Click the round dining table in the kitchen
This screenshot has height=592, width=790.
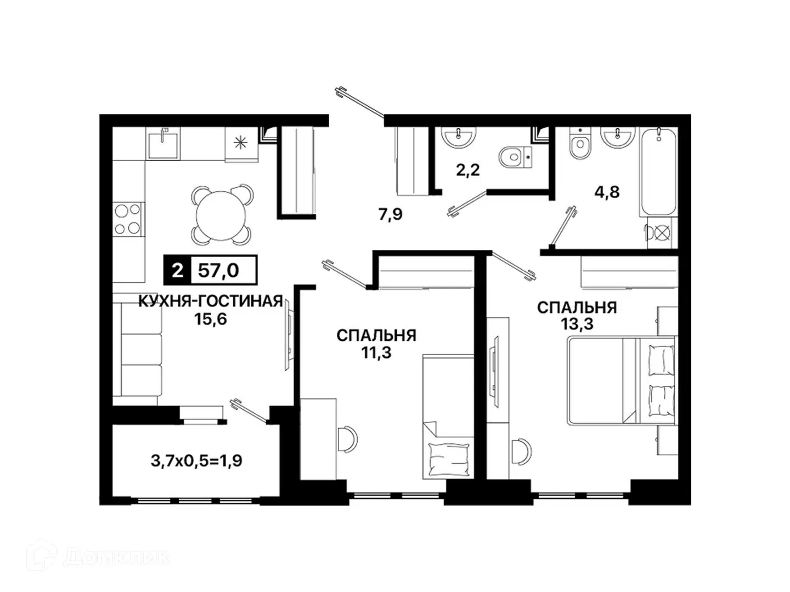click(x=221, y=215)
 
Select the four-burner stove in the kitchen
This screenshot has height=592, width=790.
click(x=128, y=219)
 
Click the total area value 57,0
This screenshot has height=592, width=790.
click(x=218, y=270)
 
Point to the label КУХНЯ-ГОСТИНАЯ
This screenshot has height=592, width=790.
click(x=211, y=301)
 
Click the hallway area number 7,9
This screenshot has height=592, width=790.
click(x=391, y=214)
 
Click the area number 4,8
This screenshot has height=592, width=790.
click(x=607, y=192)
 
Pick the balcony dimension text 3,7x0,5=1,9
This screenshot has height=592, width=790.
click(x=196, y=461)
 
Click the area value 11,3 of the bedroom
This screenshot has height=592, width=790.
click(x=376, y=353)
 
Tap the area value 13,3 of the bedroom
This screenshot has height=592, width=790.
click(x=577, y=325)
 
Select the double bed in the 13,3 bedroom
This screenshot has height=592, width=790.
click(x=620, y=380)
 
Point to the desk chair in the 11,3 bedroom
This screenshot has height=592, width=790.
click(x=348, y=439)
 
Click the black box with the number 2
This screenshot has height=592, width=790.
click(x=177, y=270)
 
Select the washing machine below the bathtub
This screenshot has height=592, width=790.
click(x=662, y=233)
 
